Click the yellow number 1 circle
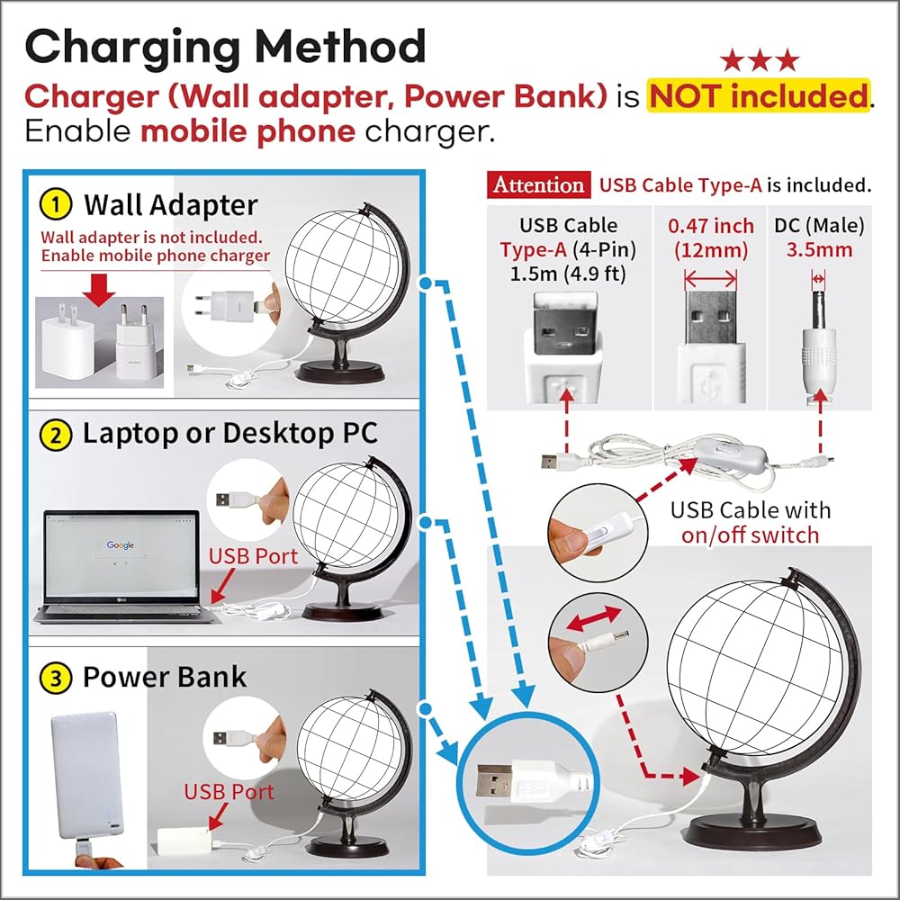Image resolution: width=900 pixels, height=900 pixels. (x=56, y=205)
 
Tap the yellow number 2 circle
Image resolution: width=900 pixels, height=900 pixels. (x=56, y=435)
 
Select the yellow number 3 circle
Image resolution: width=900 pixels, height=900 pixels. (x=56, y=679)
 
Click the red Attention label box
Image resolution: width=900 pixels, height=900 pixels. (x=538, y=184)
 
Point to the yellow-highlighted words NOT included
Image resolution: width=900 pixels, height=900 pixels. (x=758, y=95)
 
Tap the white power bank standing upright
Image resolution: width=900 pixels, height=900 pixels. (x=87, y=776)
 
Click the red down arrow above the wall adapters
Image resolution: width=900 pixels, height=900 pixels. (x=99, y=290)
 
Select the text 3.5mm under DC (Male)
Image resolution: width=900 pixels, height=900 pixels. (x=819, y=249)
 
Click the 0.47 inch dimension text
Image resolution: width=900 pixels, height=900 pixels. (x=711, y=226)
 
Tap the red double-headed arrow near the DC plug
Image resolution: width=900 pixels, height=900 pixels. (x=593, y=619)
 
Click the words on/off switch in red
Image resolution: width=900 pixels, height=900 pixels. (x=751, y=535)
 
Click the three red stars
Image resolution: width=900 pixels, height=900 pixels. (x=760, y=60)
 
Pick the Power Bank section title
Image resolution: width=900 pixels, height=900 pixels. (x=165, y=678)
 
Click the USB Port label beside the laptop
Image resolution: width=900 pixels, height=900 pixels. (x=253, y=555)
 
